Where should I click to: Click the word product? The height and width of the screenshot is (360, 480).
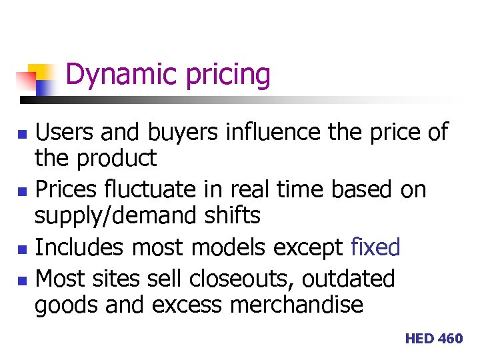pyautogui.click(x=117, y=159)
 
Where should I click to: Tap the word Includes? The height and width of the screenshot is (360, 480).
pyautogui.click(x=79, y=247)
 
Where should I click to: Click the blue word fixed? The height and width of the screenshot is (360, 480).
pyautogui.click(x=375, y=247)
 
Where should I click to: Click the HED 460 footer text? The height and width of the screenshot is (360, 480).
pyautogui.click(x=433, y=339)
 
